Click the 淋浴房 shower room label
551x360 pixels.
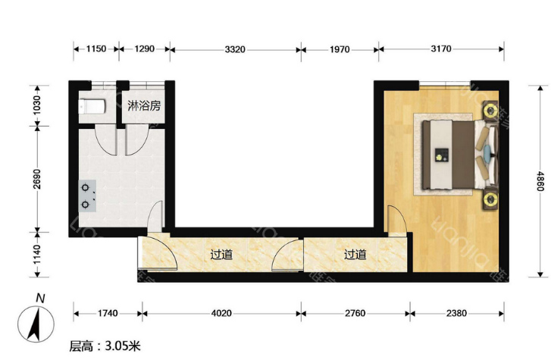point(144,105)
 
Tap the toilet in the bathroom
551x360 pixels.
point(92,107)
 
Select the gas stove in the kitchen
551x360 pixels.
point(87,196)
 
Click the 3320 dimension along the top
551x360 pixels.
point(235,49)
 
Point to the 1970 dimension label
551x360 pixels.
point(340,49)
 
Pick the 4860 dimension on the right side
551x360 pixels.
point(540,180)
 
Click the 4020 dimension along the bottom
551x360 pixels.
point(221,313)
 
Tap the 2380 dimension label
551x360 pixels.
point(456,313)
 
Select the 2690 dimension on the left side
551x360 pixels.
point(37,180)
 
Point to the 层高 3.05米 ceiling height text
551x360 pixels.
point(105,346)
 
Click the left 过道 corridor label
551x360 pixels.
point(221,254)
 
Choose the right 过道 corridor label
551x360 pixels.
point(355,254)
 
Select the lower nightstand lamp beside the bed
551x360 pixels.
point(490,199)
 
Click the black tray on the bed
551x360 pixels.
point(442,155)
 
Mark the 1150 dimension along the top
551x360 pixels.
point(96,49)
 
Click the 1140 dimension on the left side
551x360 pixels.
point(37,255)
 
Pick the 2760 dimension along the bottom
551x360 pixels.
point(355,313)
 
